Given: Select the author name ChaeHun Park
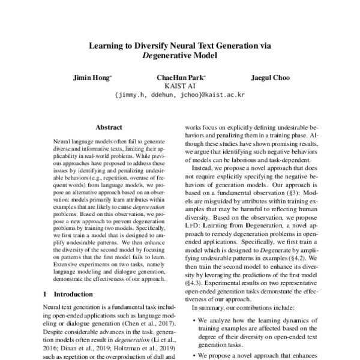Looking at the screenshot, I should coord(181,77).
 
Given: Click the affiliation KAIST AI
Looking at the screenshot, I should coord(180,86).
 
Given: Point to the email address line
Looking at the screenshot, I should coord(180,95).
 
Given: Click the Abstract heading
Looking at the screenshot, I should coord(109,128).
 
